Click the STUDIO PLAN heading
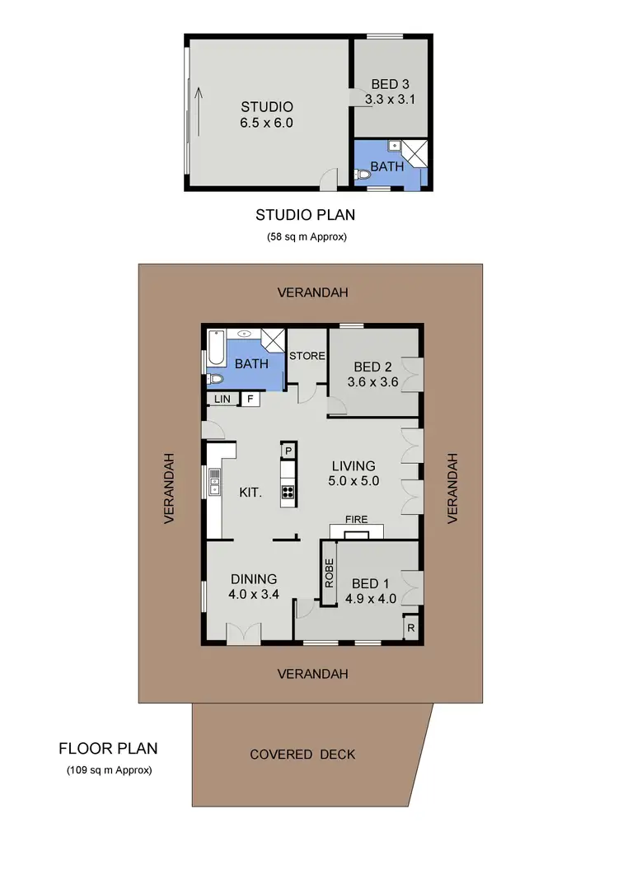point(305,216)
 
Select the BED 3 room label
point(390,84)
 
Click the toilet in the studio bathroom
point(363,175)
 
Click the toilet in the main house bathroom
point(215,380)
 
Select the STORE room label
point(307,356)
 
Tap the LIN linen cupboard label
point(222,399)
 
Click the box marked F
point(248,399)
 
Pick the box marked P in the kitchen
point(288,451)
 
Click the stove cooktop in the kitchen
point(288,493)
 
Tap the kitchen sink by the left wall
point(214,480)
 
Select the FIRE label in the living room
point(357,520)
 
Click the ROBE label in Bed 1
point(329,573)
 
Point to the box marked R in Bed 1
point(410,629)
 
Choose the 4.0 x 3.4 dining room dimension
point(254,592)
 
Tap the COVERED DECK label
point(302,755)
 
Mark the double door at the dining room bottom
point(243,634)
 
